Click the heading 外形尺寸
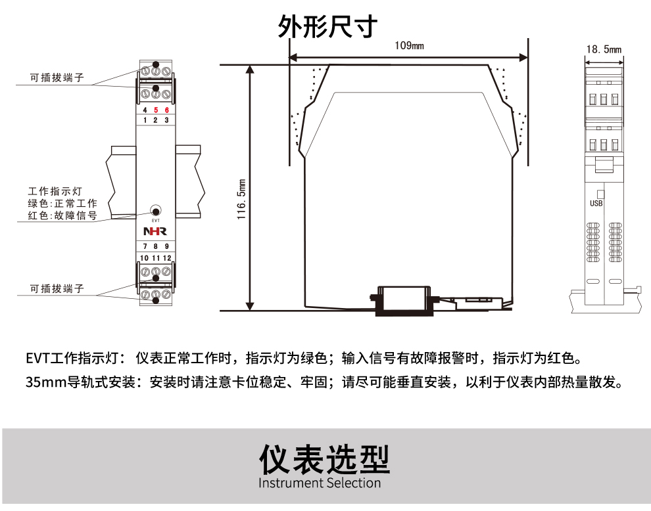pos(327,26)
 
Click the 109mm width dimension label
pos(409,45)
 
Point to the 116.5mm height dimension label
pos(242,199)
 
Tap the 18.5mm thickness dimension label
pos(603,49)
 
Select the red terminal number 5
pos(156,110)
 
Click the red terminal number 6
pos(167,110)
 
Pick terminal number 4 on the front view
pos(145,110)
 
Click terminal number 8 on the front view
pos(156,247)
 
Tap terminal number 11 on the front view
pos(156,257)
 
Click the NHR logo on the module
pos(156,231)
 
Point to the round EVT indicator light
pos(156,211)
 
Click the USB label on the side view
pos(596,204)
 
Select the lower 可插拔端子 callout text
pos(57,289)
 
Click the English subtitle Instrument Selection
pos(320,483)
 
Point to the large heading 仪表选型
pos(324,459)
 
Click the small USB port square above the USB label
pos(600,194)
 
